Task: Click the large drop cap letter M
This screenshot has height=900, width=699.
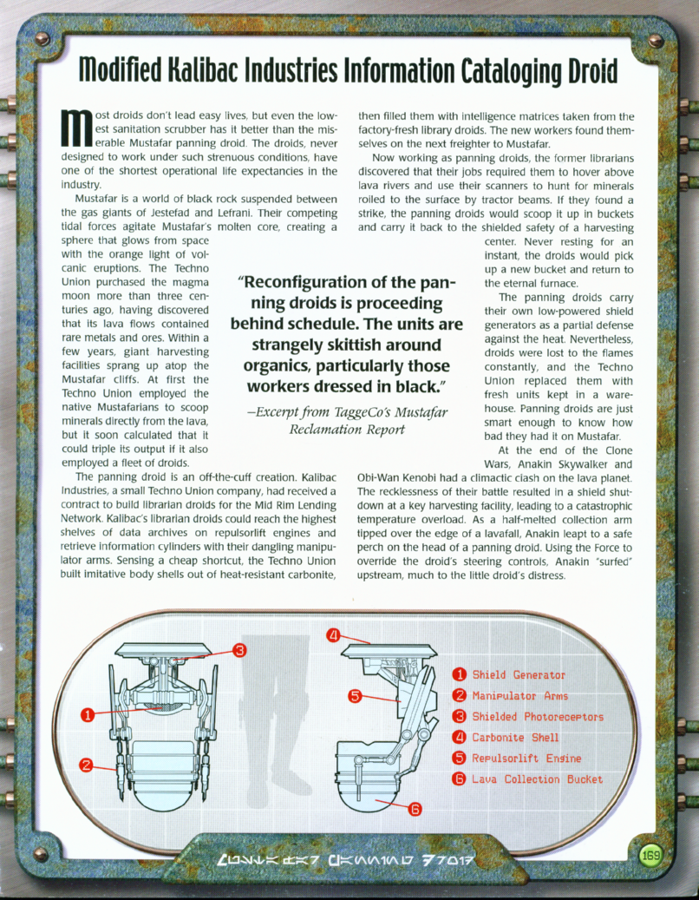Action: pos(76,129)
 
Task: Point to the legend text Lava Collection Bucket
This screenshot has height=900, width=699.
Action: pos(537,778)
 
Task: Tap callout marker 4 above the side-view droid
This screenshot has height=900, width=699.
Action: pos(332,634)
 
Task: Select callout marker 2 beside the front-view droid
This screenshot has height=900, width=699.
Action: pos(87,765)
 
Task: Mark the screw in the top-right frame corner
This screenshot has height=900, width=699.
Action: pos(656,40)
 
